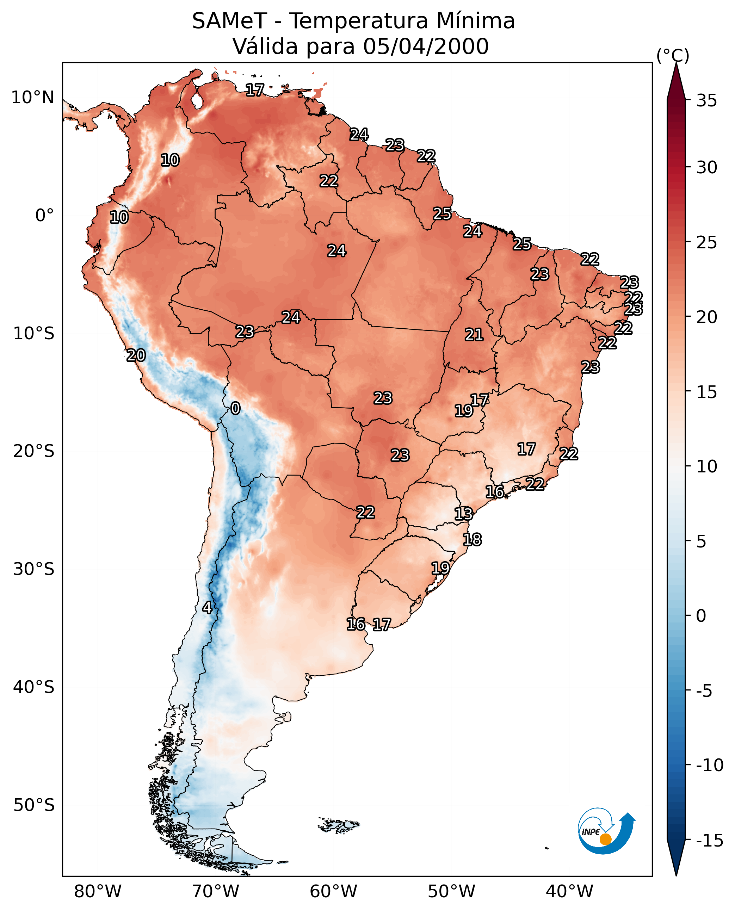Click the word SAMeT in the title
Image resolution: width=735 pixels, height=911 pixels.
click(229, 21)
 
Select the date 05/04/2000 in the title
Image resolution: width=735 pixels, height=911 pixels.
click(426, 46)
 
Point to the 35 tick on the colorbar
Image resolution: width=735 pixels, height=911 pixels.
click(706, 101)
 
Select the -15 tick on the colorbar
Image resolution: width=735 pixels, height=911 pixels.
click(709, 840)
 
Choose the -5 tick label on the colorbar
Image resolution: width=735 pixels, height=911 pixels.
click(706, 691)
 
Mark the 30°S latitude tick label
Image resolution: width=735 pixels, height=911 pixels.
click(34, 569)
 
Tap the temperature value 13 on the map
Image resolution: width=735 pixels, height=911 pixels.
click(463, 514)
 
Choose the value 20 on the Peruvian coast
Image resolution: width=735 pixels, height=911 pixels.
click(136, 355)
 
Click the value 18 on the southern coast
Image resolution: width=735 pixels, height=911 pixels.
click(472, 539)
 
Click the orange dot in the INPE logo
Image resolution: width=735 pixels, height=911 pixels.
click(605, 839)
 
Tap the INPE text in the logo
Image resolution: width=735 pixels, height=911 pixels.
click(591, 832)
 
